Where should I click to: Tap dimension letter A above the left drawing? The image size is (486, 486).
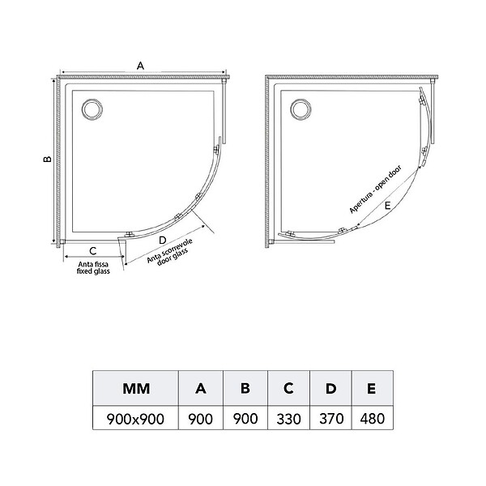(x=140, y=66)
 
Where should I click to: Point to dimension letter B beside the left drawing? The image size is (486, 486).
(x=47, y=159)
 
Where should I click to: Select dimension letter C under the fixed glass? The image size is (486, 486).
(x=92, y=251)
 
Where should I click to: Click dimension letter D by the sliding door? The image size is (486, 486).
(x=163, y=241)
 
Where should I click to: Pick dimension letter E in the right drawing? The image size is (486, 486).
(x=387, y=205)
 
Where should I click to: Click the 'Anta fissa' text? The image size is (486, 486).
(x=93, y=264)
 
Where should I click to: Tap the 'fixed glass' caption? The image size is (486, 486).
(x=93, y=271)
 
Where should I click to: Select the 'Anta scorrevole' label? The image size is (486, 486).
(x=170, y=250)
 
